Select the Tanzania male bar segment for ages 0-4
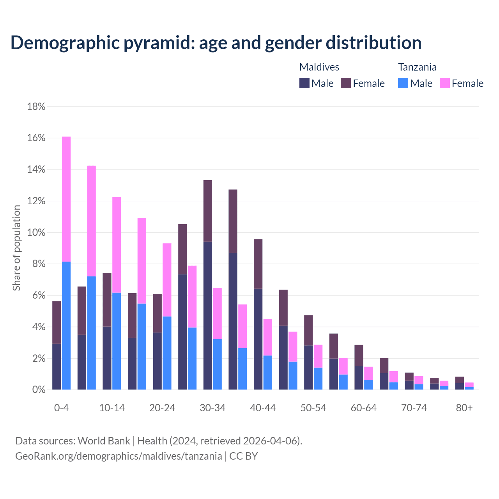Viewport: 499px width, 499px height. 66,326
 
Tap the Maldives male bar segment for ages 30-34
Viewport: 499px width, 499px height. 208,316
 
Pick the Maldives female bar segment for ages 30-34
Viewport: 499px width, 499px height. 208,211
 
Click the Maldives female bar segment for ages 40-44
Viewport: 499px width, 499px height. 258,264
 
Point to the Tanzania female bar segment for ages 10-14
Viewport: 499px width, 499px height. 117,245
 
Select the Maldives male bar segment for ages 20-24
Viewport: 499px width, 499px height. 157,361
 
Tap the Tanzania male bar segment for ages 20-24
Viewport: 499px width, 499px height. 167,353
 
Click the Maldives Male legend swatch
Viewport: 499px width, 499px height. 304,83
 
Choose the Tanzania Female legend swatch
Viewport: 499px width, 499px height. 445,83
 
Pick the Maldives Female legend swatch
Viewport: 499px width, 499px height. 346,83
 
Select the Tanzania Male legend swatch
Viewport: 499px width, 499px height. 403,83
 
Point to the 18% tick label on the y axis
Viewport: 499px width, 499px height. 36,106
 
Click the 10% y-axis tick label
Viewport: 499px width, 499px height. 36,233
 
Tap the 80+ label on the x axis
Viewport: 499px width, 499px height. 464,408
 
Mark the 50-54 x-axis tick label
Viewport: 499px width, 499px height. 313,408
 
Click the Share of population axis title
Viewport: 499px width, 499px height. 17,248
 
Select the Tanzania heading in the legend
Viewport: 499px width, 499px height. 417,67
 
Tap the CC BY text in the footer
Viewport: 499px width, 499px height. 244,456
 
